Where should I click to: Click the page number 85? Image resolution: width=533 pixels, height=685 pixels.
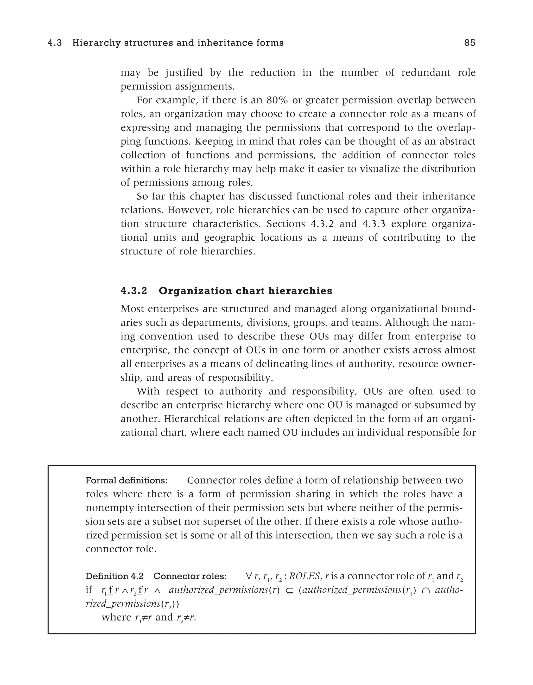470,43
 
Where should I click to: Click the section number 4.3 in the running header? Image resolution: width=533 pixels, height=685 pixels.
55,43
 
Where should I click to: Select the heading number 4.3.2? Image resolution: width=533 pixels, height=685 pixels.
134,291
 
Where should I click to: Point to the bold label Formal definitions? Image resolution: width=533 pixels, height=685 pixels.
126,481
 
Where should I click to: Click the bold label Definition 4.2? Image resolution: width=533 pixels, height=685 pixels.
115,576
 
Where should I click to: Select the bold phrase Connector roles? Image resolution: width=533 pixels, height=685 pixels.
190,576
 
